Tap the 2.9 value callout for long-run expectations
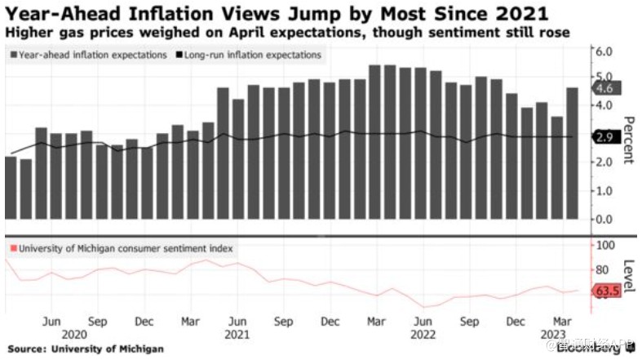point(605,137)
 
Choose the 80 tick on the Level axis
point(604,270)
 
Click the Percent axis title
point(629,140)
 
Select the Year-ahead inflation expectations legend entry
point(90,55)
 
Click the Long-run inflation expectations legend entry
point(250,55)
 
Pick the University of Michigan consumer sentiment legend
point(122,247)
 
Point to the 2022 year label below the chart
point(423,335)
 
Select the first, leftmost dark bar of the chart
point(11,188)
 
